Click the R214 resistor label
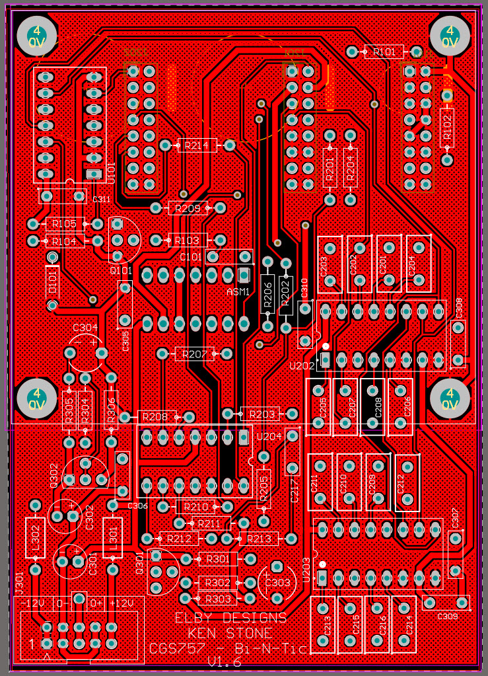(197, 145)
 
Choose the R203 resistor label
(261, 414)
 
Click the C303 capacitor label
(277, 582)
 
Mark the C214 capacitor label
(409, 624)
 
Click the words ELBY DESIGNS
(231, 618)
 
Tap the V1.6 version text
(225, 662)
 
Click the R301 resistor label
(218, 559)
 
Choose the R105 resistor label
(64, 225)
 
